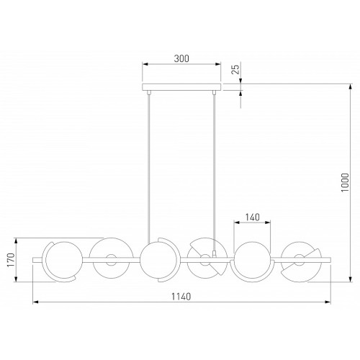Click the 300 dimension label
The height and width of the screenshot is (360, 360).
(x=181, y=58)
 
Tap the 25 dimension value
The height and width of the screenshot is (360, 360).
(x=236, y=69)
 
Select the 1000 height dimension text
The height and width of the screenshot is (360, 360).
(x=345, y=182)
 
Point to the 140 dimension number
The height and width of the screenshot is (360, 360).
(x=253, y=217)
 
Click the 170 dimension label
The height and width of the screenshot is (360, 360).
(x=11, y=260)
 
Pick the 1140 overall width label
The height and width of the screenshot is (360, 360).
(x=181, y=297)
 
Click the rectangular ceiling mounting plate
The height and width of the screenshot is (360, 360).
(x=181, y=87)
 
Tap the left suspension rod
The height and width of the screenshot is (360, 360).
(x=149, y=167)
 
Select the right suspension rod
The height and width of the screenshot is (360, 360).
(x=215, y=171)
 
